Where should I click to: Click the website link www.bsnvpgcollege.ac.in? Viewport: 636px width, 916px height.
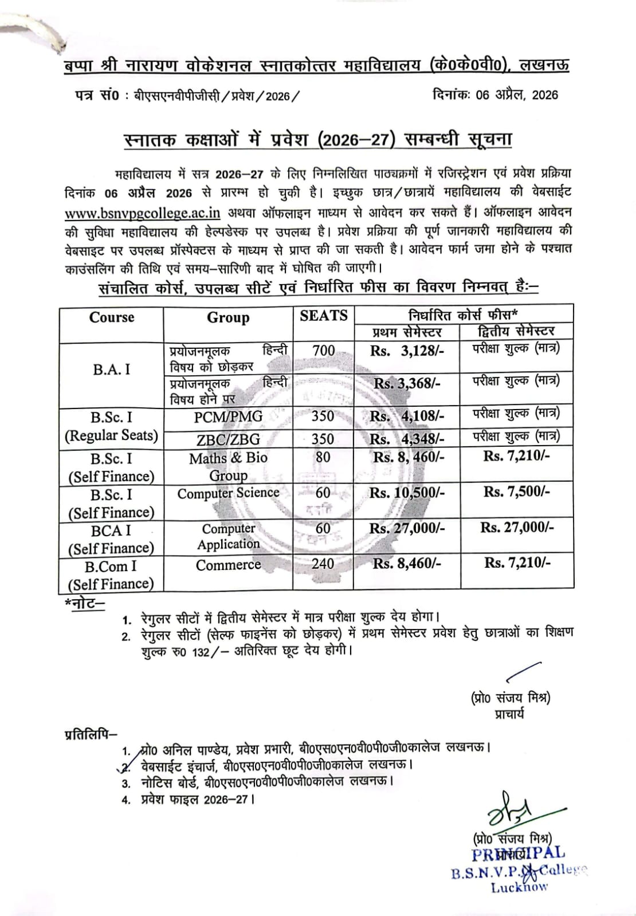tap(143, 213)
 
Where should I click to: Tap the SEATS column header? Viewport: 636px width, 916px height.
tap(323, 316)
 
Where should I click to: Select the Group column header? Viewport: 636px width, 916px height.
tap(228, 318)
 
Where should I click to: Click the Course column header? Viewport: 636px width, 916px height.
tap(111, 317)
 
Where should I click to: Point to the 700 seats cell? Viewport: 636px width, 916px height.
tap(323, 350)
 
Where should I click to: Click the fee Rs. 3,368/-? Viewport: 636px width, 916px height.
tap(407, 383)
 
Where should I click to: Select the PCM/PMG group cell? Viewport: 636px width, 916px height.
tap(228, 416)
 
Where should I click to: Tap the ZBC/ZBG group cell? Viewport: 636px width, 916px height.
tap(228, 439)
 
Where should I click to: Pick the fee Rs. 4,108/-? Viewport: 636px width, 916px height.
tap(407, 416)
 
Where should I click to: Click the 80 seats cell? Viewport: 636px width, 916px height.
tap(323, 457)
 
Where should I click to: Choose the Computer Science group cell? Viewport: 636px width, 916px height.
tap(228, 493)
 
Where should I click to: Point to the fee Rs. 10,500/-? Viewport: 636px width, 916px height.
tap(407, 493)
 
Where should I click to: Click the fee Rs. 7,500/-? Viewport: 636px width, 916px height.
tap(517, 492)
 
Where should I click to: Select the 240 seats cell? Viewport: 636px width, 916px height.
tap(323, 564)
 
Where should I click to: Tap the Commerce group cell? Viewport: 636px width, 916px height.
tap(228, 565)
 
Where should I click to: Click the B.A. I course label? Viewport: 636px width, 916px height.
tap(111, 369)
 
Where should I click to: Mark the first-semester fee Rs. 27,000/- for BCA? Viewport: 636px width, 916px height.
tap(407, 528)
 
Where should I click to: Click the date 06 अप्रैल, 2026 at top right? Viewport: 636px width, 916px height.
tap(495, 95)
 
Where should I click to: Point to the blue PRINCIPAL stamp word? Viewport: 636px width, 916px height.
tap(518, 854)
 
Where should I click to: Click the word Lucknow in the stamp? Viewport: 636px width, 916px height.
tap(519, 887)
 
